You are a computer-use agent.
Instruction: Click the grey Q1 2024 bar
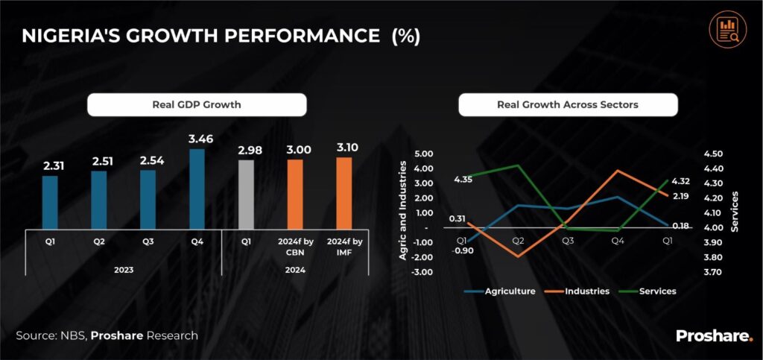pos(246,194)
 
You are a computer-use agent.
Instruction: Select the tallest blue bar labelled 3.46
pos(197,189)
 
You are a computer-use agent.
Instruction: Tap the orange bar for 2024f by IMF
pos(343,192)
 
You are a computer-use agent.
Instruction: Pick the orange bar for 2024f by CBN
pos(295,194)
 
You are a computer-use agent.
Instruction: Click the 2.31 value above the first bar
pos(50,165)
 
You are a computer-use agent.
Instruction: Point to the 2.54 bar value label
pos(148,160)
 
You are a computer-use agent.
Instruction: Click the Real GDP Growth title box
pos(197,105)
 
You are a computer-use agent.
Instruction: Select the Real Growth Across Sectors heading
pos(568,105)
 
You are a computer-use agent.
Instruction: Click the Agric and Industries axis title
pos(403,212)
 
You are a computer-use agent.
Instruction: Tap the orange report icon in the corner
pos(724,29)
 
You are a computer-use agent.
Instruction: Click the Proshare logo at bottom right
pos(714,336)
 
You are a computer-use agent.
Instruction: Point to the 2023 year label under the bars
pos(124,270)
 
